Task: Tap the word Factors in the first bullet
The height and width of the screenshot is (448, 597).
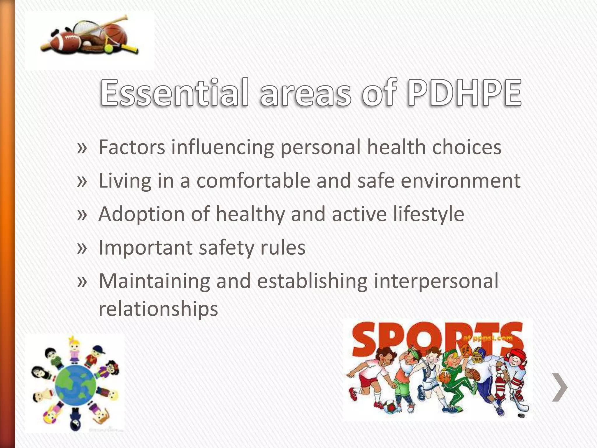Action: coord(132,147)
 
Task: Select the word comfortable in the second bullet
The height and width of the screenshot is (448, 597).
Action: coord(253,181)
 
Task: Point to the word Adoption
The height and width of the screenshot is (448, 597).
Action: coord(141,214)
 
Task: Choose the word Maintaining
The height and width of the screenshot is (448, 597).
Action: coord(154,281)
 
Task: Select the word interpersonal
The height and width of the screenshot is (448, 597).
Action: coord(436,281)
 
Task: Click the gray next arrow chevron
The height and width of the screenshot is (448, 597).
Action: coord(560,387)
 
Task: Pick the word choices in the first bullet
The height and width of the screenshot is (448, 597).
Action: coord(467,147)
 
